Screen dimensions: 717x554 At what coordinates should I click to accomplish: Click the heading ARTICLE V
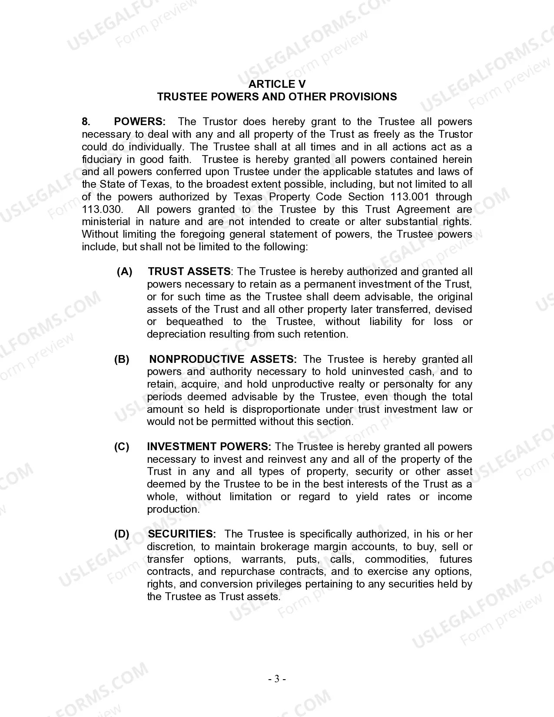277,84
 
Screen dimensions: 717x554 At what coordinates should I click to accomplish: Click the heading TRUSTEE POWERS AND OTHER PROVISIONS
277,96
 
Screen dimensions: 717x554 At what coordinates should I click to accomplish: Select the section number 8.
86,122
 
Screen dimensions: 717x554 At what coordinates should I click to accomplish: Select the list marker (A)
125,272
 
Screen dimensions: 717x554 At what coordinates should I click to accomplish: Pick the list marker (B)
122,359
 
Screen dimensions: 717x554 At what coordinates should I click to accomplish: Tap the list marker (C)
122,447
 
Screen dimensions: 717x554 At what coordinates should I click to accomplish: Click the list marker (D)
122,534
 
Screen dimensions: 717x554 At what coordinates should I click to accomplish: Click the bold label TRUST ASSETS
189,272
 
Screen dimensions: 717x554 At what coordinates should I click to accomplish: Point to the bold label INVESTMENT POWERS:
209,447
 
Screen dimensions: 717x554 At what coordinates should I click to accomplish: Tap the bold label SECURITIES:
182,534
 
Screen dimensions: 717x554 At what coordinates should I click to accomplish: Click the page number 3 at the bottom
277,679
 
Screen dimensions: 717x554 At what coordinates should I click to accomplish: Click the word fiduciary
102,159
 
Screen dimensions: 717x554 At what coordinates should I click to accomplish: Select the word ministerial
106,222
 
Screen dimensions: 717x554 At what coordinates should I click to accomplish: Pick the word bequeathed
195,322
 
